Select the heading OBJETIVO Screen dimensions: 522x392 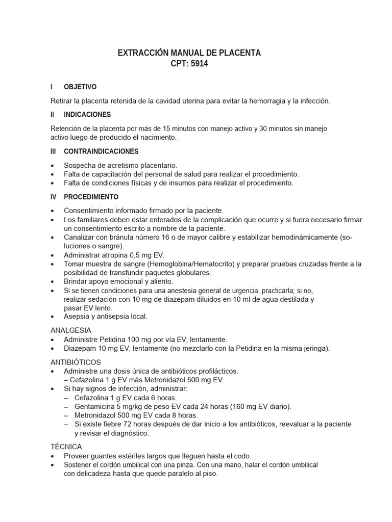pos(80,87)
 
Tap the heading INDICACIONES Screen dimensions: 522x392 pos(87,115)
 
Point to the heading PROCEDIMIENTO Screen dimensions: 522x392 pos(91,197)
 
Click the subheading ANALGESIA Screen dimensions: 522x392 pos(70,330)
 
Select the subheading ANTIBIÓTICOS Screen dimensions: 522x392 pos(76,361)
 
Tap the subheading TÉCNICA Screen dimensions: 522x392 pos(66,447)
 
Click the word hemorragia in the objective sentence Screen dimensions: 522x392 pos(264,101)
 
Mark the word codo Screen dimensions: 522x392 pos(242,456)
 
